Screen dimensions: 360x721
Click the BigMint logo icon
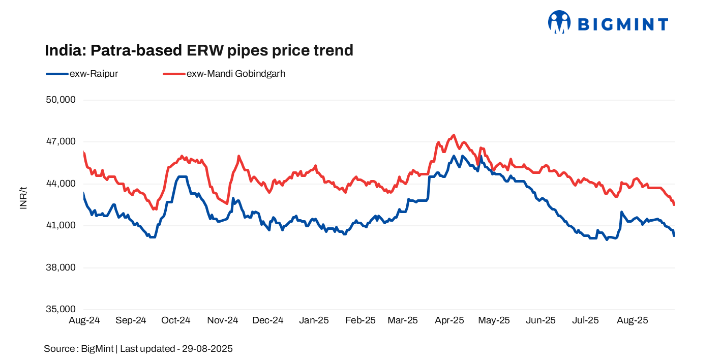559,22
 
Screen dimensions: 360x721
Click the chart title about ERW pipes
199,50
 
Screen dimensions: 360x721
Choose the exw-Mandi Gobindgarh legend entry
224,74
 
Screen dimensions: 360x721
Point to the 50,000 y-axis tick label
61,100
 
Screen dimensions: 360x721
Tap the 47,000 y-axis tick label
61,141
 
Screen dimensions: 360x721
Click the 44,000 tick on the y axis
61,184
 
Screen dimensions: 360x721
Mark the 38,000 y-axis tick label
61,267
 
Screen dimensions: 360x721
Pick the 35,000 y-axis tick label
61,309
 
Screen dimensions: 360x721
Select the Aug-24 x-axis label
84,320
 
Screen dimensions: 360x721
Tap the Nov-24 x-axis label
223,320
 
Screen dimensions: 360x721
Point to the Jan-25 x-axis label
314,320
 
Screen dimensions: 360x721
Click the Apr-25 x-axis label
449,320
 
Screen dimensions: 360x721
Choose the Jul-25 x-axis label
585,320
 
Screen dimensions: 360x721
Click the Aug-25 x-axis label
632,320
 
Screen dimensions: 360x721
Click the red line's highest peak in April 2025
453,135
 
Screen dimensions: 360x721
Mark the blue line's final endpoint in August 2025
674,235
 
